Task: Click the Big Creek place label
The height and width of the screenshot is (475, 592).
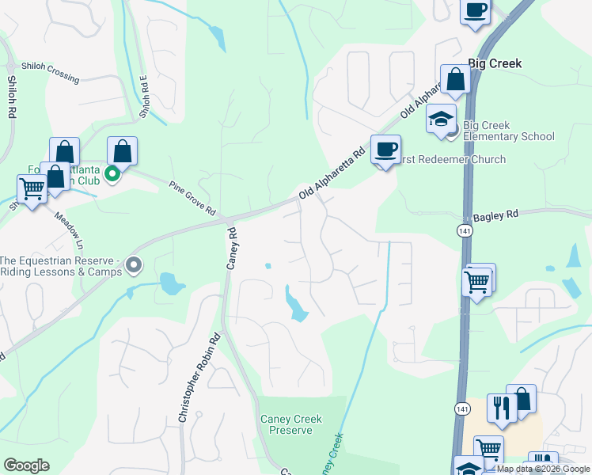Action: (495, 63)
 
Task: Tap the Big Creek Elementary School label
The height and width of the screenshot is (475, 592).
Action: (508, 131)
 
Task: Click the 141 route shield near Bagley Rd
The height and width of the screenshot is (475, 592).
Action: (464, 230)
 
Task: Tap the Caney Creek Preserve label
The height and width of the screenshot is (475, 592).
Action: (287, 424)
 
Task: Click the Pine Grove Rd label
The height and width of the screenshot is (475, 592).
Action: (192, 198)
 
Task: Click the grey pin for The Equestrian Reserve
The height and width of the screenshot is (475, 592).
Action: (134, 265)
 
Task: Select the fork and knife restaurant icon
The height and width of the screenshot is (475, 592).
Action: (501, 407)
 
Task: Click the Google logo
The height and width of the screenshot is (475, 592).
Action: (26, 465)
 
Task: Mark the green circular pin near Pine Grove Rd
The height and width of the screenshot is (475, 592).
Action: (112, 173)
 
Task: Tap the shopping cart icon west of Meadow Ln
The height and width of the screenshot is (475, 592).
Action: (32, 189)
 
